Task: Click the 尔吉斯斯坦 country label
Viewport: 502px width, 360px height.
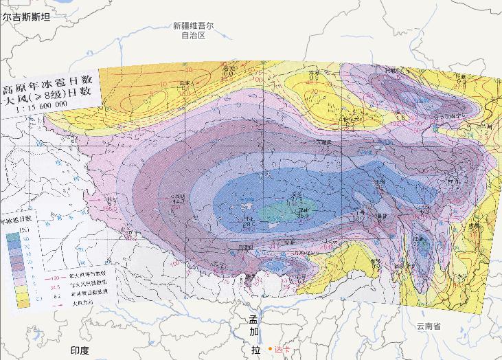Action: click(26, 17)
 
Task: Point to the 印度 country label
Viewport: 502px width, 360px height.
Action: click(80, 350)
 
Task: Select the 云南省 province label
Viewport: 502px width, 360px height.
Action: click(428, 326)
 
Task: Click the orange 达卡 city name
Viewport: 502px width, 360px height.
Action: click(283, 349)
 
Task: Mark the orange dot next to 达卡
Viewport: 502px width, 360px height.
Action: click(271, 349)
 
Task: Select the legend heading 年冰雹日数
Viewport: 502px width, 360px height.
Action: click(19, 221)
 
